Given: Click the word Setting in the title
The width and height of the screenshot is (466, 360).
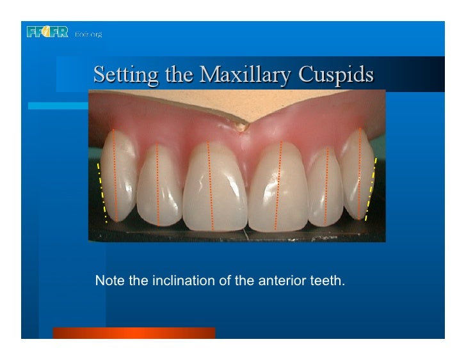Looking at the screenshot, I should coord(118,75).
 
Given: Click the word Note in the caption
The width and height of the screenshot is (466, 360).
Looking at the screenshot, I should coord(107,280).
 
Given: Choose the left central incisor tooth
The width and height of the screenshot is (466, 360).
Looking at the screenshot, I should coord(214,189).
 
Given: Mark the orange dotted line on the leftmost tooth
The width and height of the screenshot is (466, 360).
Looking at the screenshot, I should coord(115,176).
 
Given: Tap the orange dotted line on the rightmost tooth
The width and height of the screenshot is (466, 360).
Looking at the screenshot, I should coord(360,173).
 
